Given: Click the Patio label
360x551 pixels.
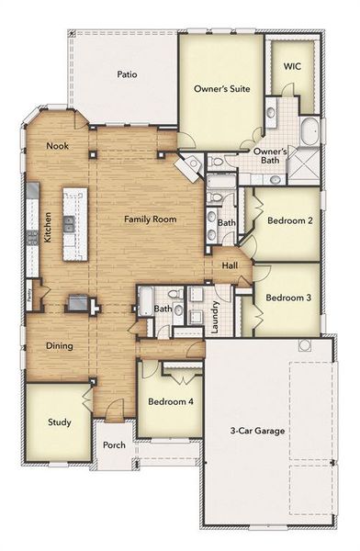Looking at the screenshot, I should pos(127,74).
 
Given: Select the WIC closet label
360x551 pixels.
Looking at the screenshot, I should pos(292,66).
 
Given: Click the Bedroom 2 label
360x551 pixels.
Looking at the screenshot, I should pos(290,220).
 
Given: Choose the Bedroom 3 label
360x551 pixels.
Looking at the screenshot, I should pos(288,298).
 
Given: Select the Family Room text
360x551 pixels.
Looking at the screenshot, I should pos(151,219).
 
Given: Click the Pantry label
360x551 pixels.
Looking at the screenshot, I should pos(30,295).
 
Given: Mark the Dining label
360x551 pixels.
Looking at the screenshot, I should pos(59,346).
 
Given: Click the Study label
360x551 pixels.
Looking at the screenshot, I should pos(60,422).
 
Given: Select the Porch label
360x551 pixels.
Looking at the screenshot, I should pos(114,445).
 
